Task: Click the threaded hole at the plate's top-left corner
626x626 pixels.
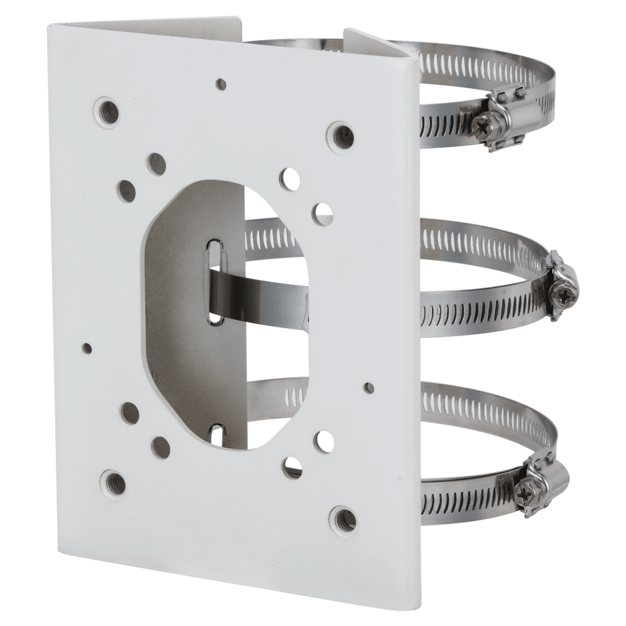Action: tap(106, 113)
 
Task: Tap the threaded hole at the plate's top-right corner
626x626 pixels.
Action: tap(342, 137)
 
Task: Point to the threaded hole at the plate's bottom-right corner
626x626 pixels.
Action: tap(344, 519)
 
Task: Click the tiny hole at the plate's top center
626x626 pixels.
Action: tap(221, 83)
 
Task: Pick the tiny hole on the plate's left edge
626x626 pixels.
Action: tap(87, 348)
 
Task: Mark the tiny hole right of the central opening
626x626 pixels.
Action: tap(369, 388)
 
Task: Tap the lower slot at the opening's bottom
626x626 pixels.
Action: tap(217, 433)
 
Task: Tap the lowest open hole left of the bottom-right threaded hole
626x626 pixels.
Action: tap(292, 467)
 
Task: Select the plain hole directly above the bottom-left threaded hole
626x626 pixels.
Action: tap(130, 413)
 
